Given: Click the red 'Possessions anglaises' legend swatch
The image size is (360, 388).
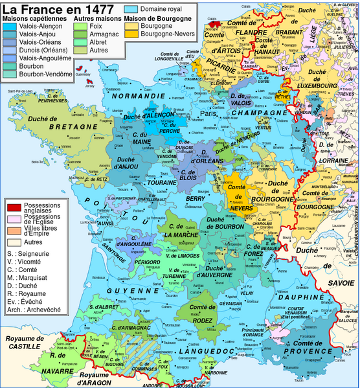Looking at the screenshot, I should pos(12,207).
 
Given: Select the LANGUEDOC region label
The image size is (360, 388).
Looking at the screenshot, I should pos(208,350).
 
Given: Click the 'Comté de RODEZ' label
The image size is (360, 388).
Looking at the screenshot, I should pos(203,310).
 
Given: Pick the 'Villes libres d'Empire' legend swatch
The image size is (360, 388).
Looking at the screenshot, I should pos(12,231).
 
